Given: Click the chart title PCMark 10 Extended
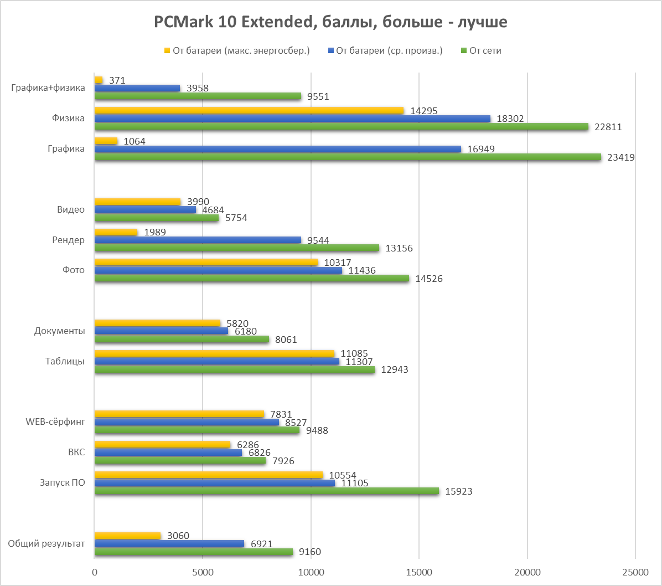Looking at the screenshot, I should point(330,23).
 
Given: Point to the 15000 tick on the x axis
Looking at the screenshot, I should point(418,571).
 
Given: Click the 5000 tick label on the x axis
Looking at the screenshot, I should point(203,571).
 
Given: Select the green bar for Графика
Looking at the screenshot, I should point(348,157).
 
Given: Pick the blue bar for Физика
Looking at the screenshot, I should point(292,119).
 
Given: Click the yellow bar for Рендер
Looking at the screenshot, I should point(116,232).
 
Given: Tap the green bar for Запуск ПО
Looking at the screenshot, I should point(266,491).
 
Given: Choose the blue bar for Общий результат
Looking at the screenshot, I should point(169,544).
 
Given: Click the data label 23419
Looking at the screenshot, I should point(620,157).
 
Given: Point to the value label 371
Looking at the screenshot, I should point(117,81).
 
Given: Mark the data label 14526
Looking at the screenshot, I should point(429,279).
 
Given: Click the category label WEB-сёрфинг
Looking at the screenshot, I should point(55,422).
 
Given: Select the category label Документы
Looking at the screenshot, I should point(59,331).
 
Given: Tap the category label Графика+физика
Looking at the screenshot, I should point(48,88).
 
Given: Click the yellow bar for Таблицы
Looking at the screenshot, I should point(214,353).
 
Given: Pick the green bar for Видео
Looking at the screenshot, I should point(157,218).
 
